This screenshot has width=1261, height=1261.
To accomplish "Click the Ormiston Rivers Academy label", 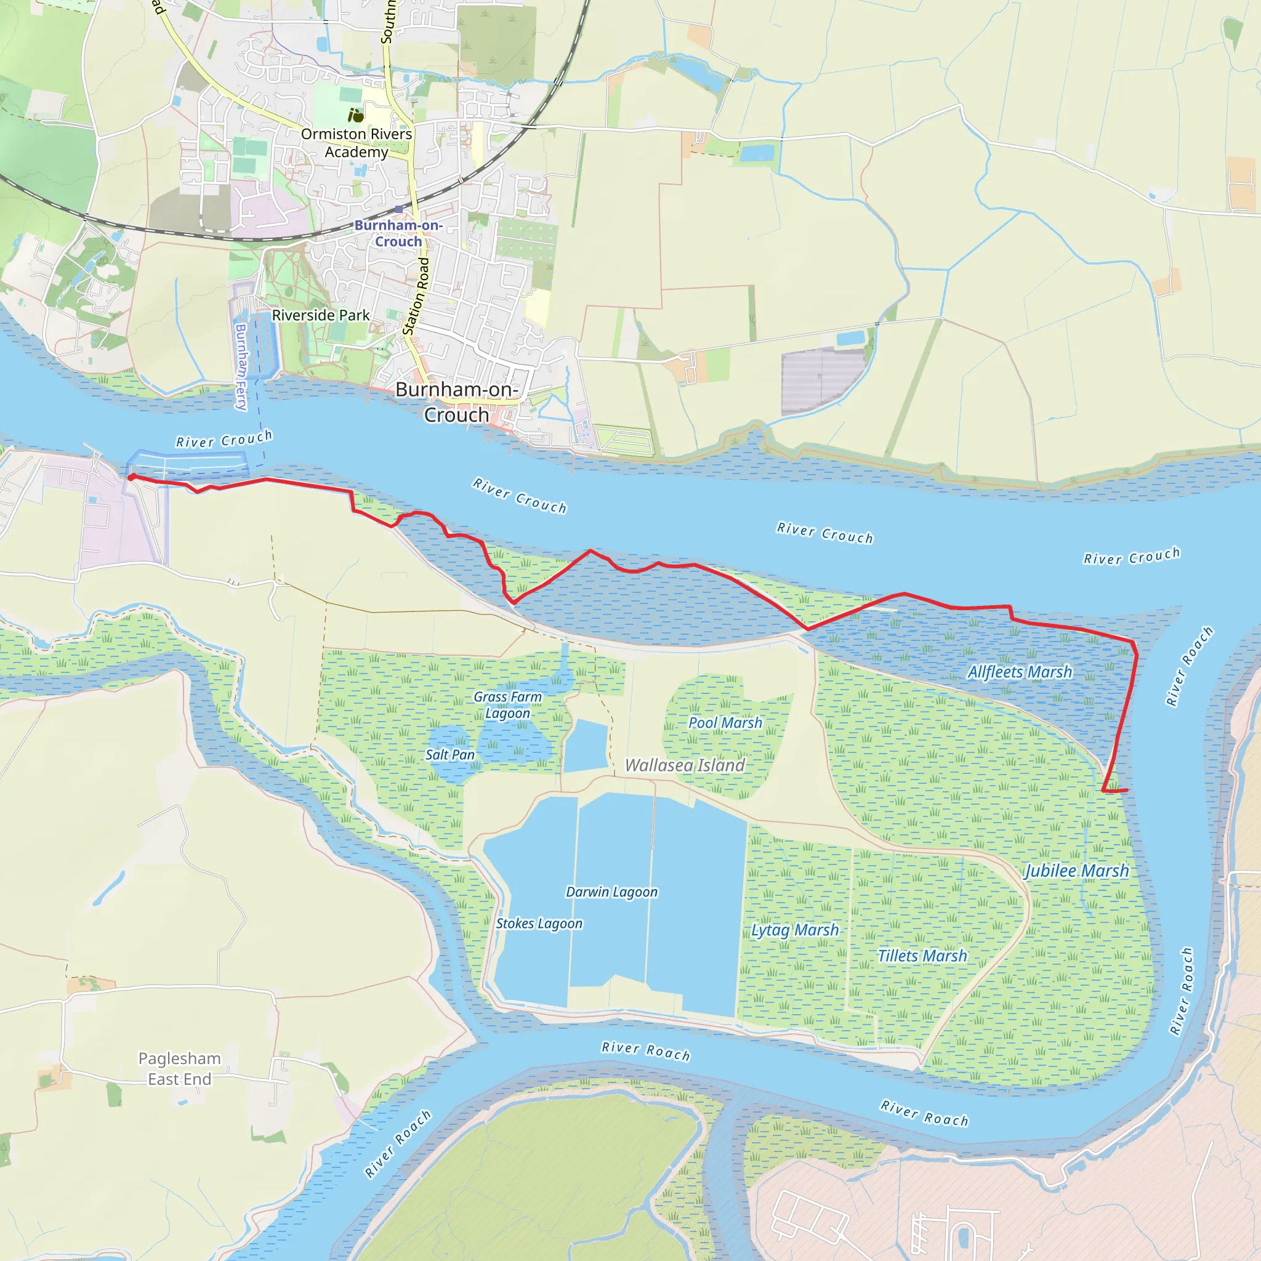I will [x=357, y=143].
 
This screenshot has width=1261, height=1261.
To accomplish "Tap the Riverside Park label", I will [x=320, y=315].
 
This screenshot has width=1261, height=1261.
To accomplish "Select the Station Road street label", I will [x=416, y=296].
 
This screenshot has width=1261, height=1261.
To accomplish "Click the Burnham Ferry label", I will [x=241, y=367].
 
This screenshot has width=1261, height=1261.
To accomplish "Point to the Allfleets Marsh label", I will [x=1020, y=672].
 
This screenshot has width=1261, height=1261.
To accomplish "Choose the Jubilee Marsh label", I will [x=1076, y=871].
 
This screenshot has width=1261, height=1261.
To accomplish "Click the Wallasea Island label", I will [x=685, y=765].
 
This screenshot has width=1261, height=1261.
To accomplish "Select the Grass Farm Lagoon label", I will [x=508, y=705].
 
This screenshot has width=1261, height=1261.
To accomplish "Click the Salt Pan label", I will [x=449, y=754].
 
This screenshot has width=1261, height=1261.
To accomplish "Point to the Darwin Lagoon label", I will [x=611, y=892].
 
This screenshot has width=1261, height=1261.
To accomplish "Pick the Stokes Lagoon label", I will [x=539, y=924].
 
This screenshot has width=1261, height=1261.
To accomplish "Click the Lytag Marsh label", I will [x=794, y=930].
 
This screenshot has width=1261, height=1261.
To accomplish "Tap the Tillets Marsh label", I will [x=922, y=956].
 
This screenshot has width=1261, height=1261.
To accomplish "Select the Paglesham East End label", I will [x=180, y=1068].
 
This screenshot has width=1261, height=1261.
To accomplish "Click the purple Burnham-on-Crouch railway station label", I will [x=398, y=233].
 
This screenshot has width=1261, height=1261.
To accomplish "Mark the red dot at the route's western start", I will [x=132, y=477].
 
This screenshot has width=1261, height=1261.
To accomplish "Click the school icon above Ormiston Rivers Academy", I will [x=356, y=116].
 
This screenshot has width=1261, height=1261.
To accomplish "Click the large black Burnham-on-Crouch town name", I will [x=456, y=402].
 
